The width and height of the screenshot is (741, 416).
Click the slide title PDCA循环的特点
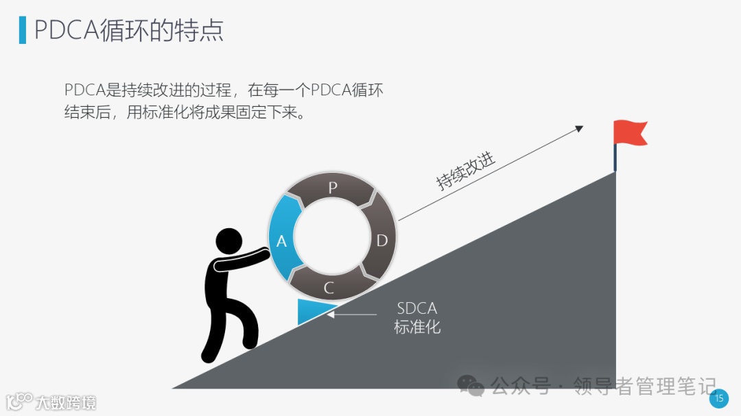point(128,30)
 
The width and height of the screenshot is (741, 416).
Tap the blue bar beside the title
point(23,30)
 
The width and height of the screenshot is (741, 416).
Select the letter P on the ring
point(333,188)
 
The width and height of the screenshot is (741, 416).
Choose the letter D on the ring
point(382,240)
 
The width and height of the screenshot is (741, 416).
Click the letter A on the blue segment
point(281,241)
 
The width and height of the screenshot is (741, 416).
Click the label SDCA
point(416,308)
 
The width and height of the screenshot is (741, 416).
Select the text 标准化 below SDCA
point(416,327)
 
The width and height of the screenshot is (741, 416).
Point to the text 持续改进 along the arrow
point(466,171)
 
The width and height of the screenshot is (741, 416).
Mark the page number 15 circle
point(719,398)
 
